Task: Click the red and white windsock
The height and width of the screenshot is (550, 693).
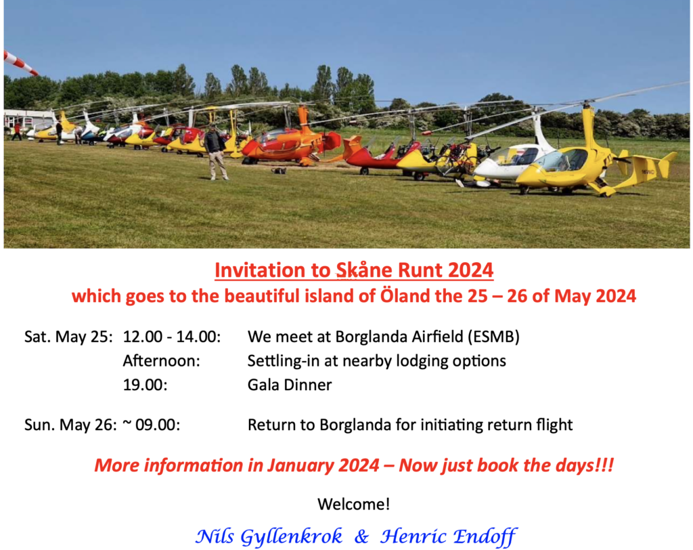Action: click(x=20, y=64)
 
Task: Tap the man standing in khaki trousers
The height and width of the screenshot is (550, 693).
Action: click(x=215, y=152)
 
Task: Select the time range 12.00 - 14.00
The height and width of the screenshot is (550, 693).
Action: click(x=172, y=337)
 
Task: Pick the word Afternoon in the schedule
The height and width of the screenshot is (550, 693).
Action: click(x=161, y=361)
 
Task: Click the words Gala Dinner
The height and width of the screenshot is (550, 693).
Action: click(x=290, y=385)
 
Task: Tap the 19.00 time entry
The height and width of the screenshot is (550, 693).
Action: click(x=145, y=385)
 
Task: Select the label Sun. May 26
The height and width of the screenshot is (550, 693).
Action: click(x=70, y=425)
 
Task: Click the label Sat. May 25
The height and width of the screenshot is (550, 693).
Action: click(x=68, y=337)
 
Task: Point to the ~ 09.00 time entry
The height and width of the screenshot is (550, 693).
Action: click(x=151, y=425)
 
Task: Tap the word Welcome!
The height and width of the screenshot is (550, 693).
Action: click(x=353, y=504)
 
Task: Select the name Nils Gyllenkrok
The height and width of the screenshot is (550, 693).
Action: click(x=269, y=536)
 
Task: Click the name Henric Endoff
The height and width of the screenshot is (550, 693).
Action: click(x=448, y=536)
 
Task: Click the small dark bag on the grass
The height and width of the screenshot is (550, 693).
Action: click(x=279, y=171)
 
